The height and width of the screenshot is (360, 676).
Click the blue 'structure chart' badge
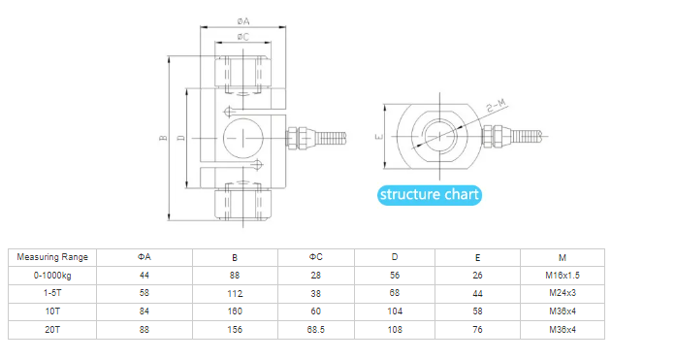pos(430,195)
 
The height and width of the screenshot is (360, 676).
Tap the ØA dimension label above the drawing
pos(243,21)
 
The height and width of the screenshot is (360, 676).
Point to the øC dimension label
pos(243,37)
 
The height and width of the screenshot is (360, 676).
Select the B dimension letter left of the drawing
pos(163,138)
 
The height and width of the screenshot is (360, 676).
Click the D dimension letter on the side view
pos(181,138)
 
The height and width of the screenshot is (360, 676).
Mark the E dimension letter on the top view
pos(379,137)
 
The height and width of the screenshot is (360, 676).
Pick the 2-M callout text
pos(497,106)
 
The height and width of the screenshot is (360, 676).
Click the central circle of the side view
pos(243,138)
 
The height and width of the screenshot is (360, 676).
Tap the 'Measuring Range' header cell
pos(52,257)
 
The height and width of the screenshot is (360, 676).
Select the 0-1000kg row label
pos(52,276)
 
